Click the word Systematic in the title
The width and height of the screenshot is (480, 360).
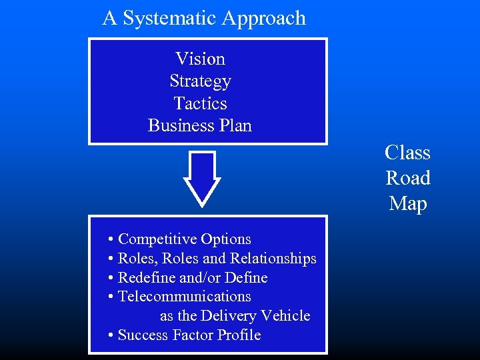(x=161, y=18)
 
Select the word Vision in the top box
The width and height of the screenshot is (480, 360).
(x=200, y=59)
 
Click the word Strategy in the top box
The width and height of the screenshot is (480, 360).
(x=200, y=81)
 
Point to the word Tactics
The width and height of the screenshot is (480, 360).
(x=200, y=103)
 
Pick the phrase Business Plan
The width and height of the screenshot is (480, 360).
(x=200, y=125)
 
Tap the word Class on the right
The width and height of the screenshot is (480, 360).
(x=407, y=153)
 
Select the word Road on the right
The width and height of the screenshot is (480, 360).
(x=407, y=178)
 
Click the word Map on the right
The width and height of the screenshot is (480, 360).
(x=407, y=203)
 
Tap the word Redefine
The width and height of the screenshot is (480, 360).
(x=146, y=277)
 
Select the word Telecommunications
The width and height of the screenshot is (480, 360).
(x=184, y=296)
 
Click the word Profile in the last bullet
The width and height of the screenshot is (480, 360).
(x=239, y=335)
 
